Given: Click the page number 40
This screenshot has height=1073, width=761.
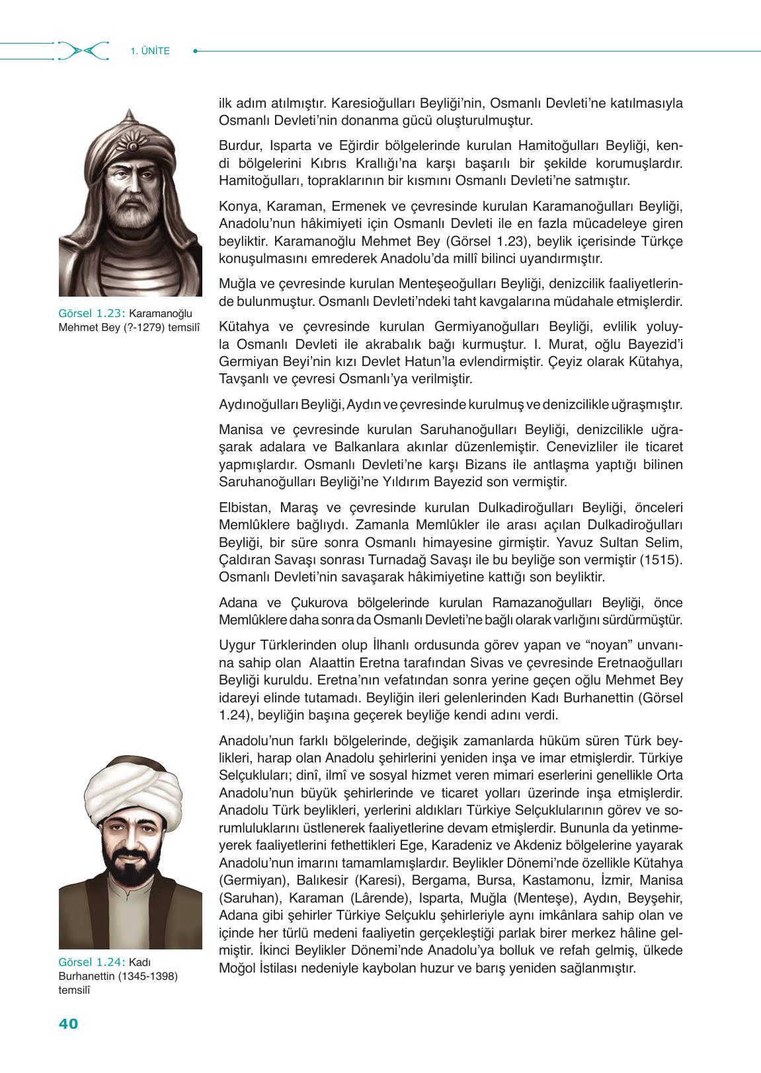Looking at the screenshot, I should point(68,1025).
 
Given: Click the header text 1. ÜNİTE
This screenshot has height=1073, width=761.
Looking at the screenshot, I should point(151,50).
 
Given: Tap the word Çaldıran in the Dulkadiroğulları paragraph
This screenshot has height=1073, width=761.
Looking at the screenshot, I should point(243,560).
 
